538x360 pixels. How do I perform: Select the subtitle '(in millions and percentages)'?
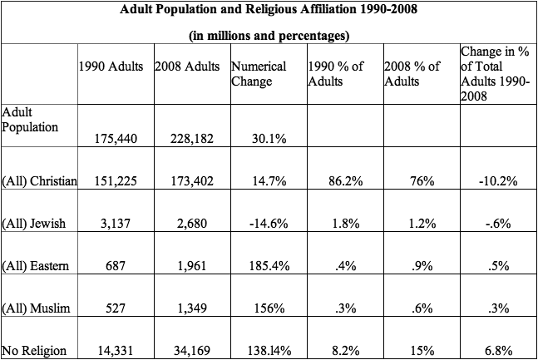pyautogui.click(x=269, y=36)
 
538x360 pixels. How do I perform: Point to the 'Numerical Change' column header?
pyautogui.click(x=259, y=74)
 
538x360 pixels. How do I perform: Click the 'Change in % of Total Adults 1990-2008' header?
pyautogui.click(x=494, y=74)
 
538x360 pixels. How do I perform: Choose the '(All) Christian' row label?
pyautogui.click(x=40, y=180)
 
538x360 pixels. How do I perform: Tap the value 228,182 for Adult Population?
pyautogui.click(x=190, y=138)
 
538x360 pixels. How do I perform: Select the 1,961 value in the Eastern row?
pyautogui.click(x=190, y=265)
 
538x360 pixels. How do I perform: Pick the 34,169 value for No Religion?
pyautogui.click(x=190, y=350)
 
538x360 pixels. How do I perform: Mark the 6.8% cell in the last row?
pyautogui.click(x=496, y=350)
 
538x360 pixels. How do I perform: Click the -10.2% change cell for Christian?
pyautogui.click(x=496, y=180)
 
